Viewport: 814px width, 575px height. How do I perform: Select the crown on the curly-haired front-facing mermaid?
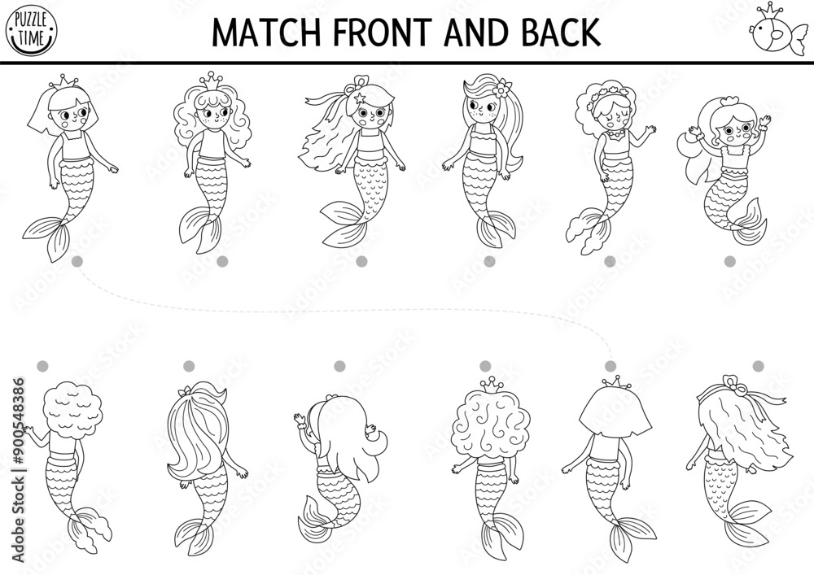tap(212, 80)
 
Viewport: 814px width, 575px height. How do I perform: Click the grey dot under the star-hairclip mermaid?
tap(361, 260)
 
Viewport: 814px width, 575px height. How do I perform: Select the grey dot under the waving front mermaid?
tap(729, 260)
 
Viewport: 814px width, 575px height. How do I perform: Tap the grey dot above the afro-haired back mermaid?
tap(42, 366)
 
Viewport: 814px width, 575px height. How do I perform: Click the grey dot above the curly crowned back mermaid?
tap(485, 366)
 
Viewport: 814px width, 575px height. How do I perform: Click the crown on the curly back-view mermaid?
tap(490, 385)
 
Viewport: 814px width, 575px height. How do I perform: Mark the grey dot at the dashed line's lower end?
tap(610, 366)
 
